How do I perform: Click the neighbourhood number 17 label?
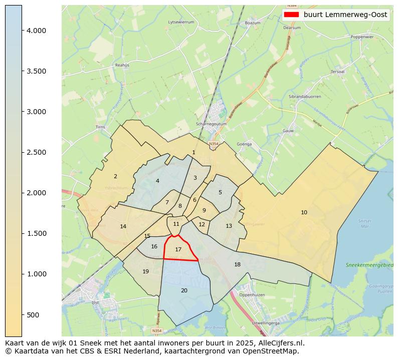[x=178, y=249]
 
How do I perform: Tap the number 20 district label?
[x=184, y=290]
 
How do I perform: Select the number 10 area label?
[x=304, y=212]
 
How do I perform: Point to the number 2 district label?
[x=115, y=176]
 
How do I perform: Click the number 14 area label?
[x=123, y=226]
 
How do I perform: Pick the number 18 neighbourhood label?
[x=237, y=264]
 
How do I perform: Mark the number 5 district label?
[x=220, y=192]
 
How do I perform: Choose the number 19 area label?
[x=145, y=271]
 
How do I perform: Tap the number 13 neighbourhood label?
[x=229, y=226]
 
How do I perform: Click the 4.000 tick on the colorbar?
[x=36, y=31]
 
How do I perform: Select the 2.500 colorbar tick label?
[x=36, y=152]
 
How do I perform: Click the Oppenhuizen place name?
[x=252, y=295]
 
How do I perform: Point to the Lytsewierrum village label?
[x=181, y=23]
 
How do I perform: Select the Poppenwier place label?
[x=362, y=37]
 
